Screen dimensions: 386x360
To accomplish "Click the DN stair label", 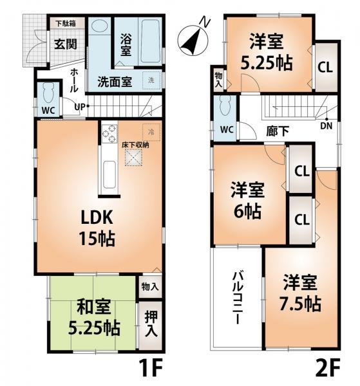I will [x=327, y=127].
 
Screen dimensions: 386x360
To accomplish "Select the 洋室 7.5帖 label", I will [x=301, y=294].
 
